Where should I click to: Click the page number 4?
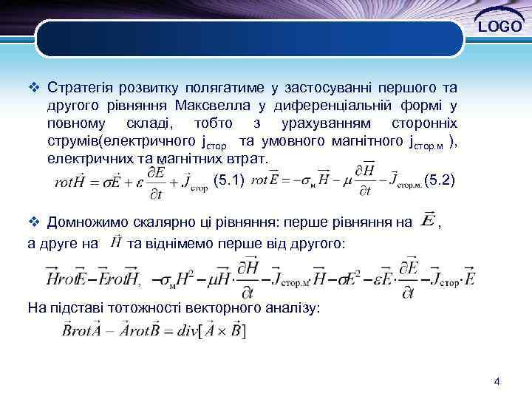[497, 382]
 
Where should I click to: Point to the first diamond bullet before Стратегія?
[32, 89]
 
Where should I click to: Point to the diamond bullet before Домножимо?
[32, 221]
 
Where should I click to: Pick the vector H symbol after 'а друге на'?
[115, 241]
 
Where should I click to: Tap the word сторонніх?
[420, 123]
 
